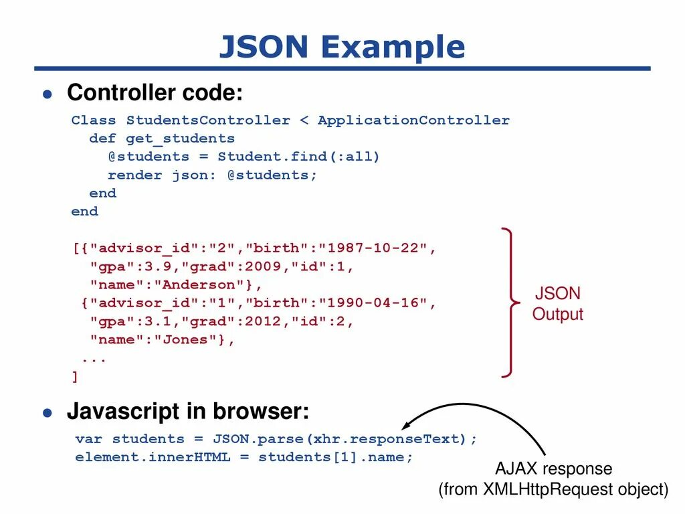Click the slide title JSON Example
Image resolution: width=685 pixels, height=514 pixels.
pyautogui.click(x=342, y=47)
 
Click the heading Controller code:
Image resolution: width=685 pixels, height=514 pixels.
pyautogui.click(x=155, y=92)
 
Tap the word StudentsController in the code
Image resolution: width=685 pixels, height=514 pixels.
pyautogui.click(x=208, y=120)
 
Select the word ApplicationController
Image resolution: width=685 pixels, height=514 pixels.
pyautogui.click(x=413, y=120)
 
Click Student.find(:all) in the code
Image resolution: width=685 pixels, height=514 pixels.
pyautogui.click(x=298, y=157)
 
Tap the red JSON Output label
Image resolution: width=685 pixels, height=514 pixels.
pyautogui.click(x=557, y=304)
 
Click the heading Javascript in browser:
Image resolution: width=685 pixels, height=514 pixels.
pyautogui.click(x=188, y=412)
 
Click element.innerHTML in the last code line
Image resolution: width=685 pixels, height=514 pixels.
pyautogui.click(x=153, y=458)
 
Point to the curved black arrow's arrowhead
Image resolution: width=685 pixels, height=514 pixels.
pyautogui.click(x=405, y=426)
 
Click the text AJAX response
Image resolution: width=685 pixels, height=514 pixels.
pyautogui.click(x=553, y=468)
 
